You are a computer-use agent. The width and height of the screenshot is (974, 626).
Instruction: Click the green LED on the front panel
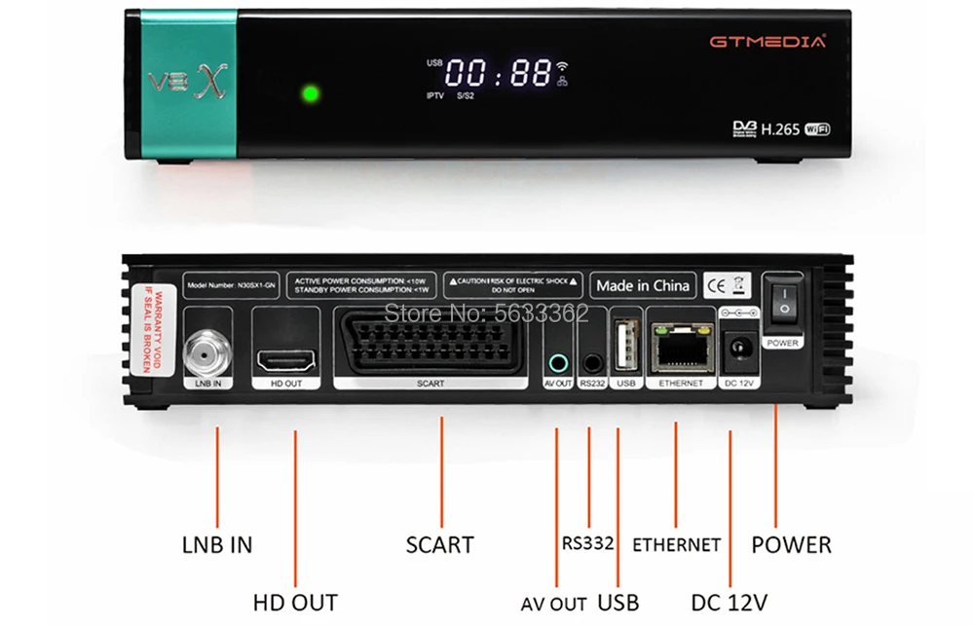click(x=312, y=93)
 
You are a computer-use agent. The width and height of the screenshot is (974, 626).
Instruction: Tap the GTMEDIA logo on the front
click(x=767, y=42)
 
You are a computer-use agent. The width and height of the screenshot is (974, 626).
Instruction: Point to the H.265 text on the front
click(x=779, y=129)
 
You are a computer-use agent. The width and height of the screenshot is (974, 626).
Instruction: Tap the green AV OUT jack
click(x=557, y=363)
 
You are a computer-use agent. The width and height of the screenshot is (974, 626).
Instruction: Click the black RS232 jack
click(x=591, y=364)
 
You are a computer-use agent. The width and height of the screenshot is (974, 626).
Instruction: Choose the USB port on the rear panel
click(x=625, y=346)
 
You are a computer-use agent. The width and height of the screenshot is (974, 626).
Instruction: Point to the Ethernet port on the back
click(x=680, y=350)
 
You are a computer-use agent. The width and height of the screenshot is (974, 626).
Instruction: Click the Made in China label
click(x=644, y=285)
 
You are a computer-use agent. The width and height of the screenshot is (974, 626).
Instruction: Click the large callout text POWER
click(x=791, y=544)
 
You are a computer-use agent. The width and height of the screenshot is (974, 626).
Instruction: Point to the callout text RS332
click(x=588, y=543)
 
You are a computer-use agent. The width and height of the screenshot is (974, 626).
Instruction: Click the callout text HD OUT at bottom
click(x=295, y=602)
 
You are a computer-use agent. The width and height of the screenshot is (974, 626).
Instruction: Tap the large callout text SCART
click(x=439, y=545)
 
